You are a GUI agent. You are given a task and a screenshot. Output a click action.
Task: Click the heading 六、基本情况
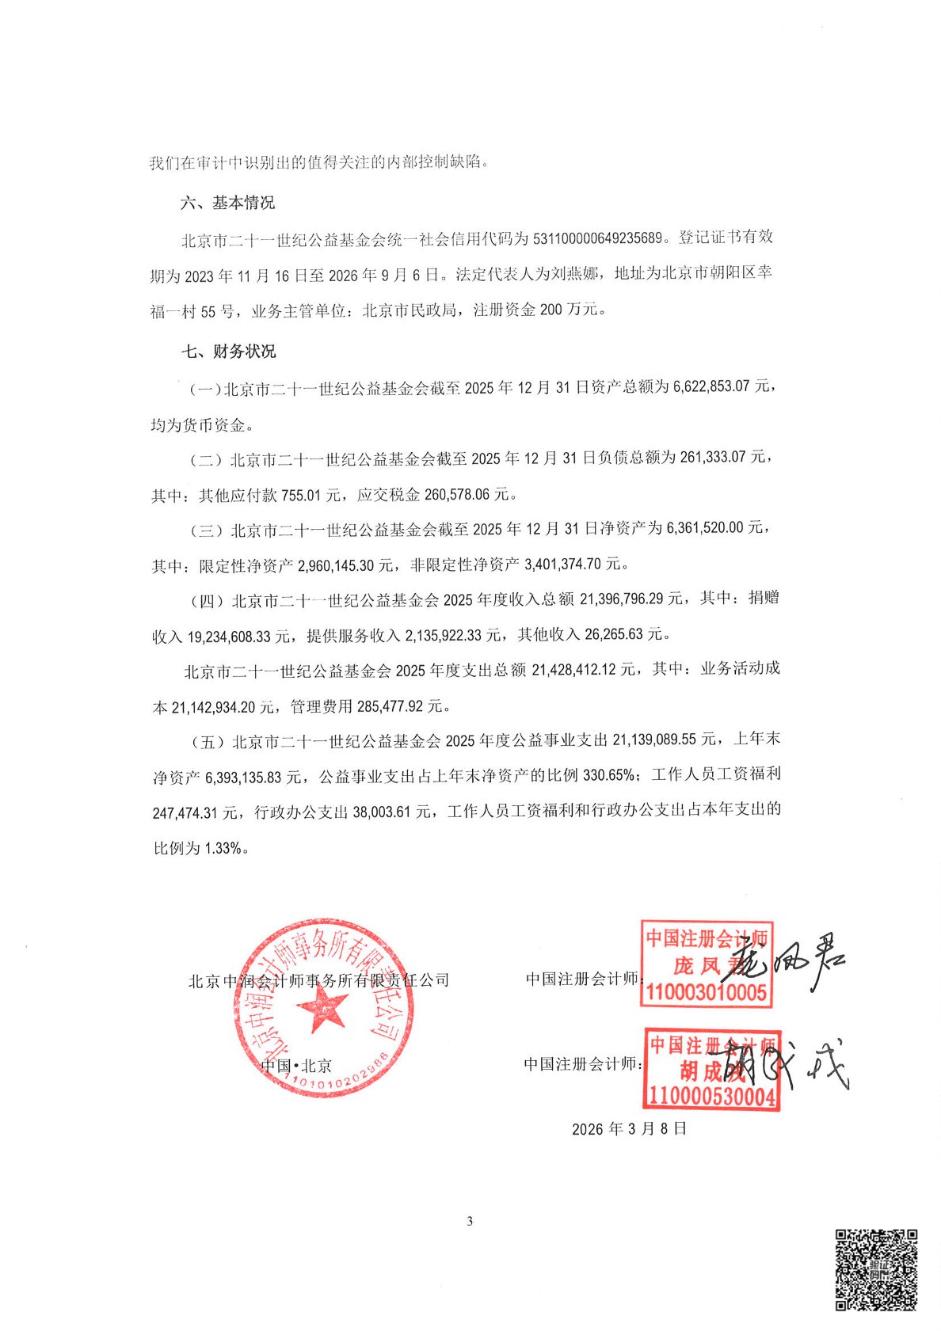point(227,203)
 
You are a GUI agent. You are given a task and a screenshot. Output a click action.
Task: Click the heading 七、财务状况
point(229,351)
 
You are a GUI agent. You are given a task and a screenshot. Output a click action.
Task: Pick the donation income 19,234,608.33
point(240,636)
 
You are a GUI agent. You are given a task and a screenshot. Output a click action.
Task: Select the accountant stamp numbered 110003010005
point(707,963)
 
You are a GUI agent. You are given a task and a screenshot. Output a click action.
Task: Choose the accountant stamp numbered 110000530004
point(711,1069)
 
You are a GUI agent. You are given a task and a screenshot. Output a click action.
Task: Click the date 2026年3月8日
point(629,1129)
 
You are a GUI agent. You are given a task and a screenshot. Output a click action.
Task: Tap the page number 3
point(470,1221)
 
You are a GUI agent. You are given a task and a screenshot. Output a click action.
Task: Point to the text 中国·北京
point(296,1066)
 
